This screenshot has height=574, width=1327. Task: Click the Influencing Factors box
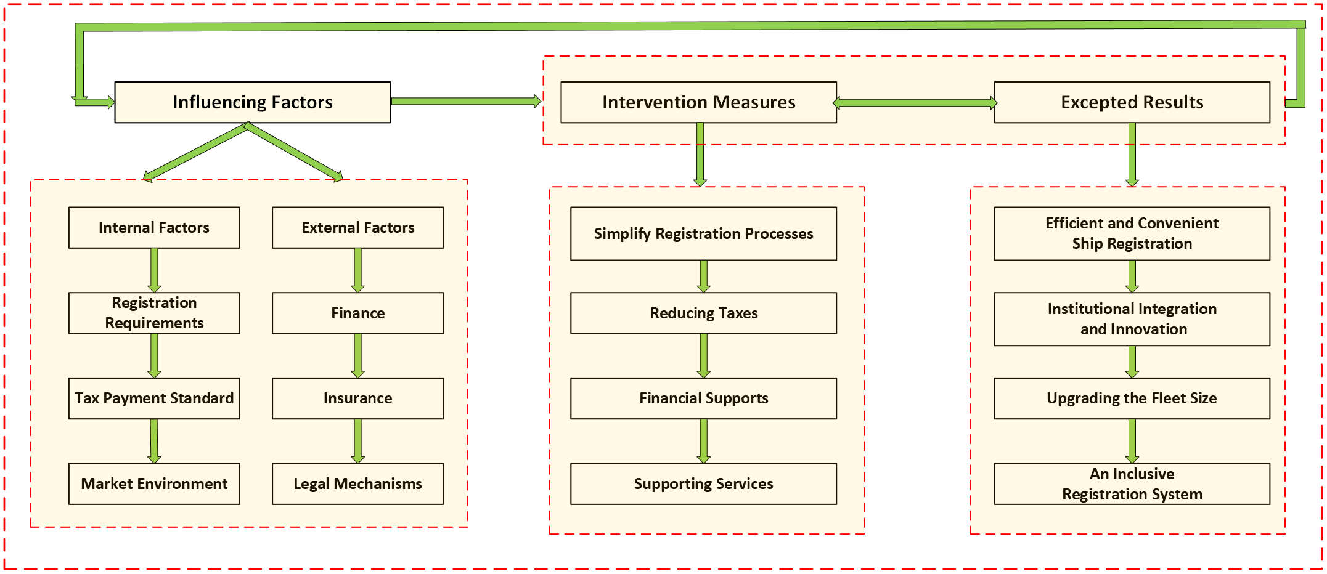click(x=252, y=102)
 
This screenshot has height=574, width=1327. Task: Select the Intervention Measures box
click(x=698, y=102)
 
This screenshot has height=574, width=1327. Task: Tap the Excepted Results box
click(x=1132, y=102)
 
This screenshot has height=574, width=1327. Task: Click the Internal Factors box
click(x=154, y=228)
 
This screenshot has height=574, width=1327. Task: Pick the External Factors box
click(x=357, y=228)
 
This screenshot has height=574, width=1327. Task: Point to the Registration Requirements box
click(x=154, y=313)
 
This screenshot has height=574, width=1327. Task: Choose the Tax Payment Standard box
click(x=154, y=398)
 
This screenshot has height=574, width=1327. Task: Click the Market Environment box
click(x=154, y=484)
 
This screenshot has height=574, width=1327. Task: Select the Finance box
click(x=357, y=313)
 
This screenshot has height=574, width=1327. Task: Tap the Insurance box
click(x=357, y=398)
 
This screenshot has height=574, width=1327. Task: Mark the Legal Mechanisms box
click(x=357, y=484)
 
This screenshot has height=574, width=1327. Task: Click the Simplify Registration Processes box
click(x=703, y=234)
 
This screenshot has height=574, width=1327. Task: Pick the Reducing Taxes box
click(x=703, y=313)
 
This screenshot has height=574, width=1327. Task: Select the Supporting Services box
click(x=703, y=484)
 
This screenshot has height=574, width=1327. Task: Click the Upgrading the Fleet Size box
click(x=1132, y=398)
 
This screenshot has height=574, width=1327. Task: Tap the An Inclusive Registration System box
click(x=1132, y=484)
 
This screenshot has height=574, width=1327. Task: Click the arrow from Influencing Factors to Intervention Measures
click(x=465, y=101)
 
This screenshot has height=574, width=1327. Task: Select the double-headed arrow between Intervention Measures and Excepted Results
click(x=915, y=103)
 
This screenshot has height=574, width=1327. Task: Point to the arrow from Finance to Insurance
click(x=357, y=355)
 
